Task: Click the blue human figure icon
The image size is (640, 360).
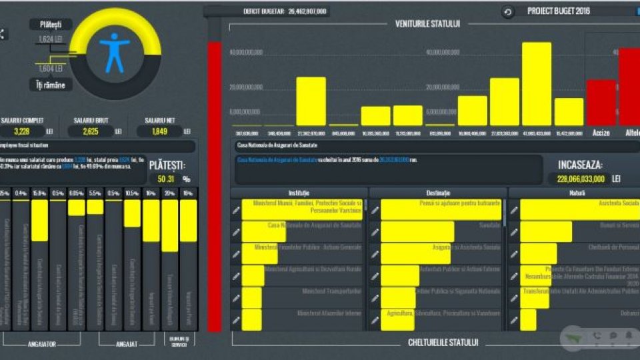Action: (114, 52)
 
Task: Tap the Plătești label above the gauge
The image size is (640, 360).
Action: (51, 24)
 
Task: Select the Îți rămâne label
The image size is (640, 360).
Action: (51, 85)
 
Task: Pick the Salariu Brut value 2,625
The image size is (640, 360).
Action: (98, 131)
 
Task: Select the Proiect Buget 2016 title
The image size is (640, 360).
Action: (559, 11)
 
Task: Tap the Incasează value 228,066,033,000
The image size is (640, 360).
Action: (577, 179)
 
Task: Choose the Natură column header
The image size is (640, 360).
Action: (574, 193)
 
